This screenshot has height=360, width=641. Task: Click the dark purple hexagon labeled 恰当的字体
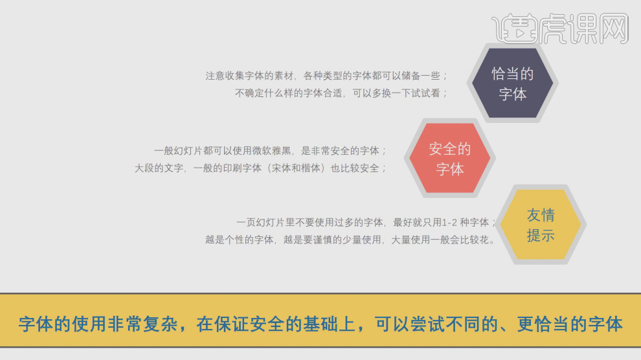pyautogui.click(x=512, y=84)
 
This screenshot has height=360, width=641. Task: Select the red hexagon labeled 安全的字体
pyautogui.click(x=449, y=159)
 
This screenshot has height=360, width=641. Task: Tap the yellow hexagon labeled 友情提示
pyautogui.click(x=541, y=225)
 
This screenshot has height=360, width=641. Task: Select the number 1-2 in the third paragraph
pyautogui.click(x=451, y=222)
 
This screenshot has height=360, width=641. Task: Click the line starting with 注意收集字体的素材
pyautogui.click(x=326, y=75)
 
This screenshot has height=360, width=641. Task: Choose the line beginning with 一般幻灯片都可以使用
pyautogui.click(x=269, y=150)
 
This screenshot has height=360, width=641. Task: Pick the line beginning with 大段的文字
pyautogui.click(x=260, y=168)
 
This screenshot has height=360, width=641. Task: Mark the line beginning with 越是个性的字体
pyautogui.click(x=350, y=240)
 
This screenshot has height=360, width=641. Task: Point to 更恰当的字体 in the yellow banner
pyautogui.click(x=570, y=324)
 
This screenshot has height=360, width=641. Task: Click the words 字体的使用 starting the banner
pyautogui.click(x=61, y=324)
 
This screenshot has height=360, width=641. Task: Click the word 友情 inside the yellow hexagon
pyautogui.click(x=541, y=215)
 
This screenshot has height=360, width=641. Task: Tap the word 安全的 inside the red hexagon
pyautogui.click(x=449, y=149)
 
